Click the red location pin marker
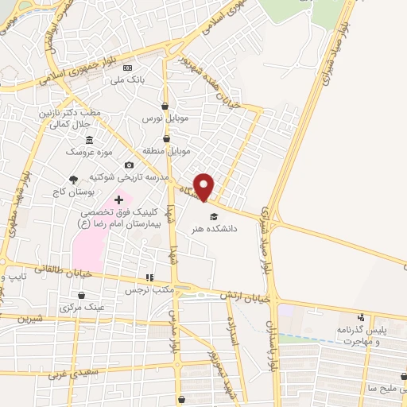[204, 186]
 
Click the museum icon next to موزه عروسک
[99, 140]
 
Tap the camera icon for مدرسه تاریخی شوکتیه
[129, 165]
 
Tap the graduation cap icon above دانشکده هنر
[212, 216]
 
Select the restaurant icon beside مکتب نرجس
[148, 278]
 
